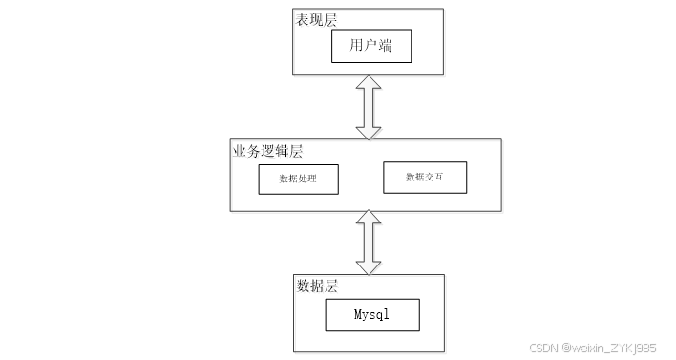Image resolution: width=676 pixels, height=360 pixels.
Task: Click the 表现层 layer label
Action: pyautogui.click(x=316, y=20)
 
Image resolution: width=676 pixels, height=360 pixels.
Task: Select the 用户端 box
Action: pyautogui.click(x=371, y=46)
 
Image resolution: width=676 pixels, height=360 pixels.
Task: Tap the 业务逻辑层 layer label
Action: pyautogui.click(x=267, y=151)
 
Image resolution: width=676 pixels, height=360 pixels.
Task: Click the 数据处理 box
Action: pyautogui.click(x=298, y=180)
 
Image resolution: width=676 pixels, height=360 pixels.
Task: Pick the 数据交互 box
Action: pyautogui.click(x=425, y=178)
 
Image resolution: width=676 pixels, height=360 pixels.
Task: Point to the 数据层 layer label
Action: pyautogui.click(x=317, y=286)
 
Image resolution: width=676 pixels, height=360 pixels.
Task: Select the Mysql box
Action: pyautogui.click(x=372, y=315)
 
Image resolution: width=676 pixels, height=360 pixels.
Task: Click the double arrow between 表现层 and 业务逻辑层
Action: pyautogui.click(x=369, y=108)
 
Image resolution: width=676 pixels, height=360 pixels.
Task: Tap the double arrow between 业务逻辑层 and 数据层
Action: pyautogui.click(x=369, y=243)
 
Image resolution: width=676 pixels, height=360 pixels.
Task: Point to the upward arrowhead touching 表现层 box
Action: pyautogui.click(x=369, y=82)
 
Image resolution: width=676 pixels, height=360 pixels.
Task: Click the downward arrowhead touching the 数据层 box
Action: pyautogui.click(x=369, y=267)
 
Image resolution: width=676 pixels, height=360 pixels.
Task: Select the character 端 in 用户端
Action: pyautogui.click(x=385, y=45)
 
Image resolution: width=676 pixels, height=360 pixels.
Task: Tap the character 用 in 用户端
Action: pyautogui.click(x=356, y=45)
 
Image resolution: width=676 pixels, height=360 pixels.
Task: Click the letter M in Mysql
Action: pyautogui.click(x=358, y=314)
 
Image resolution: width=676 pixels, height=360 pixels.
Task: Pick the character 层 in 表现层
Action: pyautogui.click(x=330, y=20)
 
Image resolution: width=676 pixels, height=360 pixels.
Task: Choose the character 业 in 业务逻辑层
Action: pyautogui.click(x=240, y=151)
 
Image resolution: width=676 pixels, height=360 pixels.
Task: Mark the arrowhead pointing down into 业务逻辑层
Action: pyautogui.click(x=369, y=134)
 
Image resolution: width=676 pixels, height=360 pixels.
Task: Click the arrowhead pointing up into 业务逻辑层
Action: pyautogui.click(x=369, y=217)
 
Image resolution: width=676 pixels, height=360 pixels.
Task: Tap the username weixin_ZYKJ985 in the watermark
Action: pyautogui.click(x=609, y=348)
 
